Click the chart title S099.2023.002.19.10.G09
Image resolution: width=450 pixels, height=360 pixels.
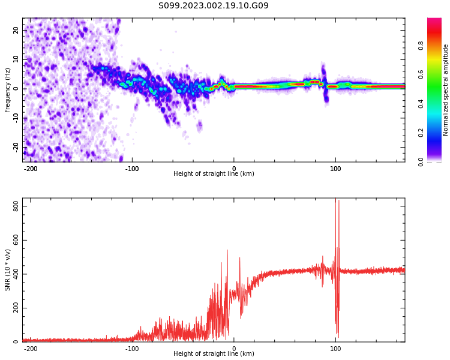213,6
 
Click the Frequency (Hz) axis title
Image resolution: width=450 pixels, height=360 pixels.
8,90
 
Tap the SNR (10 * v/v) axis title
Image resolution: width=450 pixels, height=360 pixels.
8,270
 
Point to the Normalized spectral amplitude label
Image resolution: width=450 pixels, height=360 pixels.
446,90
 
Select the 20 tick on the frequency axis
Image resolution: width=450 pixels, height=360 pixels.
16,30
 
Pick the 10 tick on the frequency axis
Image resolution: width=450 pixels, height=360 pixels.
16,59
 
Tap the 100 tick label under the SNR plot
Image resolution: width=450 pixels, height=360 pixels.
335,349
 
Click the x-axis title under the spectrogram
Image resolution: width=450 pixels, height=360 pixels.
214,174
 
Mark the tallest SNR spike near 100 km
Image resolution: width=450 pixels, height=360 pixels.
335,200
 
